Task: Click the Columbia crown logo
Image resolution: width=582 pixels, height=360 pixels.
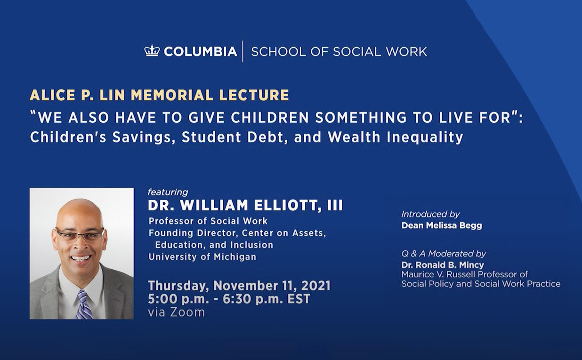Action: [x=152, y=50]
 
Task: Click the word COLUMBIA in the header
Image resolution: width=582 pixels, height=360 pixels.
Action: [x=200, y=51]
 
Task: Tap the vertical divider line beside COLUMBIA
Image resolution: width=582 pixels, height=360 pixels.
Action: [x=243, y=51]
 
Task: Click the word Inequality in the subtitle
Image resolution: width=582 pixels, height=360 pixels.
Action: [x=425, y=137]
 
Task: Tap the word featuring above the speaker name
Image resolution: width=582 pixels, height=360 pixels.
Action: [x=168, y=192]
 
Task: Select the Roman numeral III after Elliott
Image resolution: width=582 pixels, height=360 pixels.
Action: [x=335, y=205]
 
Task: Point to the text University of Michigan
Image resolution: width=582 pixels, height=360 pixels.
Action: [x=202, y=257]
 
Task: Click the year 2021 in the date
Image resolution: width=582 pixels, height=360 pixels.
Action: [x=315, y=286]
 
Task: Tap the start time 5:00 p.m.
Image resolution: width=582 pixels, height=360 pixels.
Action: [x=178, y=299]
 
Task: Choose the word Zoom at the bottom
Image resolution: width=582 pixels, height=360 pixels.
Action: [x=187, y=312]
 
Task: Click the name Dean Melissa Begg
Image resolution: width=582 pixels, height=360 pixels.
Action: [x=442, y=225]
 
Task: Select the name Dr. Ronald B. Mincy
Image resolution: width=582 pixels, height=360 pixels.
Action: [x=443, y=265]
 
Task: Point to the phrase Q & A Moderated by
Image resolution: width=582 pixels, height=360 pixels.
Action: [x=444, y=254]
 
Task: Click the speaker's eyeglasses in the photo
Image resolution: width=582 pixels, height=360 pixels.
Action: [x=80, y=234]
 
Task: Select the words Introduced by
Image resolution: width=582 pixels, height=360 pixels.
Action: [x=430, y=214]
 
